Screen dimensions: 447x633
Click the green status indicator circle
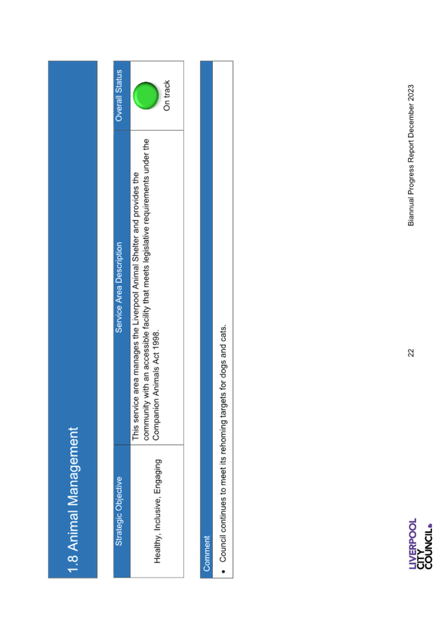click(146, 96)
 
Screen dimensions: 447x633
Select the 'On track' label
click(166, 95)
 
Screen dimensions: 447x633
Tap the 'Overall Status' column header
click(118, 95)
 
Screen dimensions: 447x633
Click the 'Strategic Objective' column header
click(118, 511)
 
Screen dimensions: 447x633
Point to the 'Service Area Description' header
click(118, 288)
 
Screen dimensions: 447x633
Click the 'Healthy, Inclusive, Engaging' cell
click(157, 511)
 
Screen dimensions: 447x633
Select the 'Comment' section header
click(207, 554)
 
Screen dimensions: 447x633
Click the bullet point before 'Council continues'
click(223, 571)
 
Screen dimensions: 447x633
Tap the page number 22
click(411, 353)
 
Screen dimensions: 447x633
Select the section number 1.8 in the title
click(73, 564)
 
